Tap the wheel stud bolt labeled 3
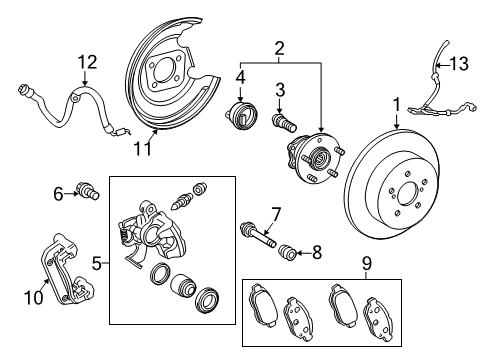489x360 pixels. click(x=283, y=127)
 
